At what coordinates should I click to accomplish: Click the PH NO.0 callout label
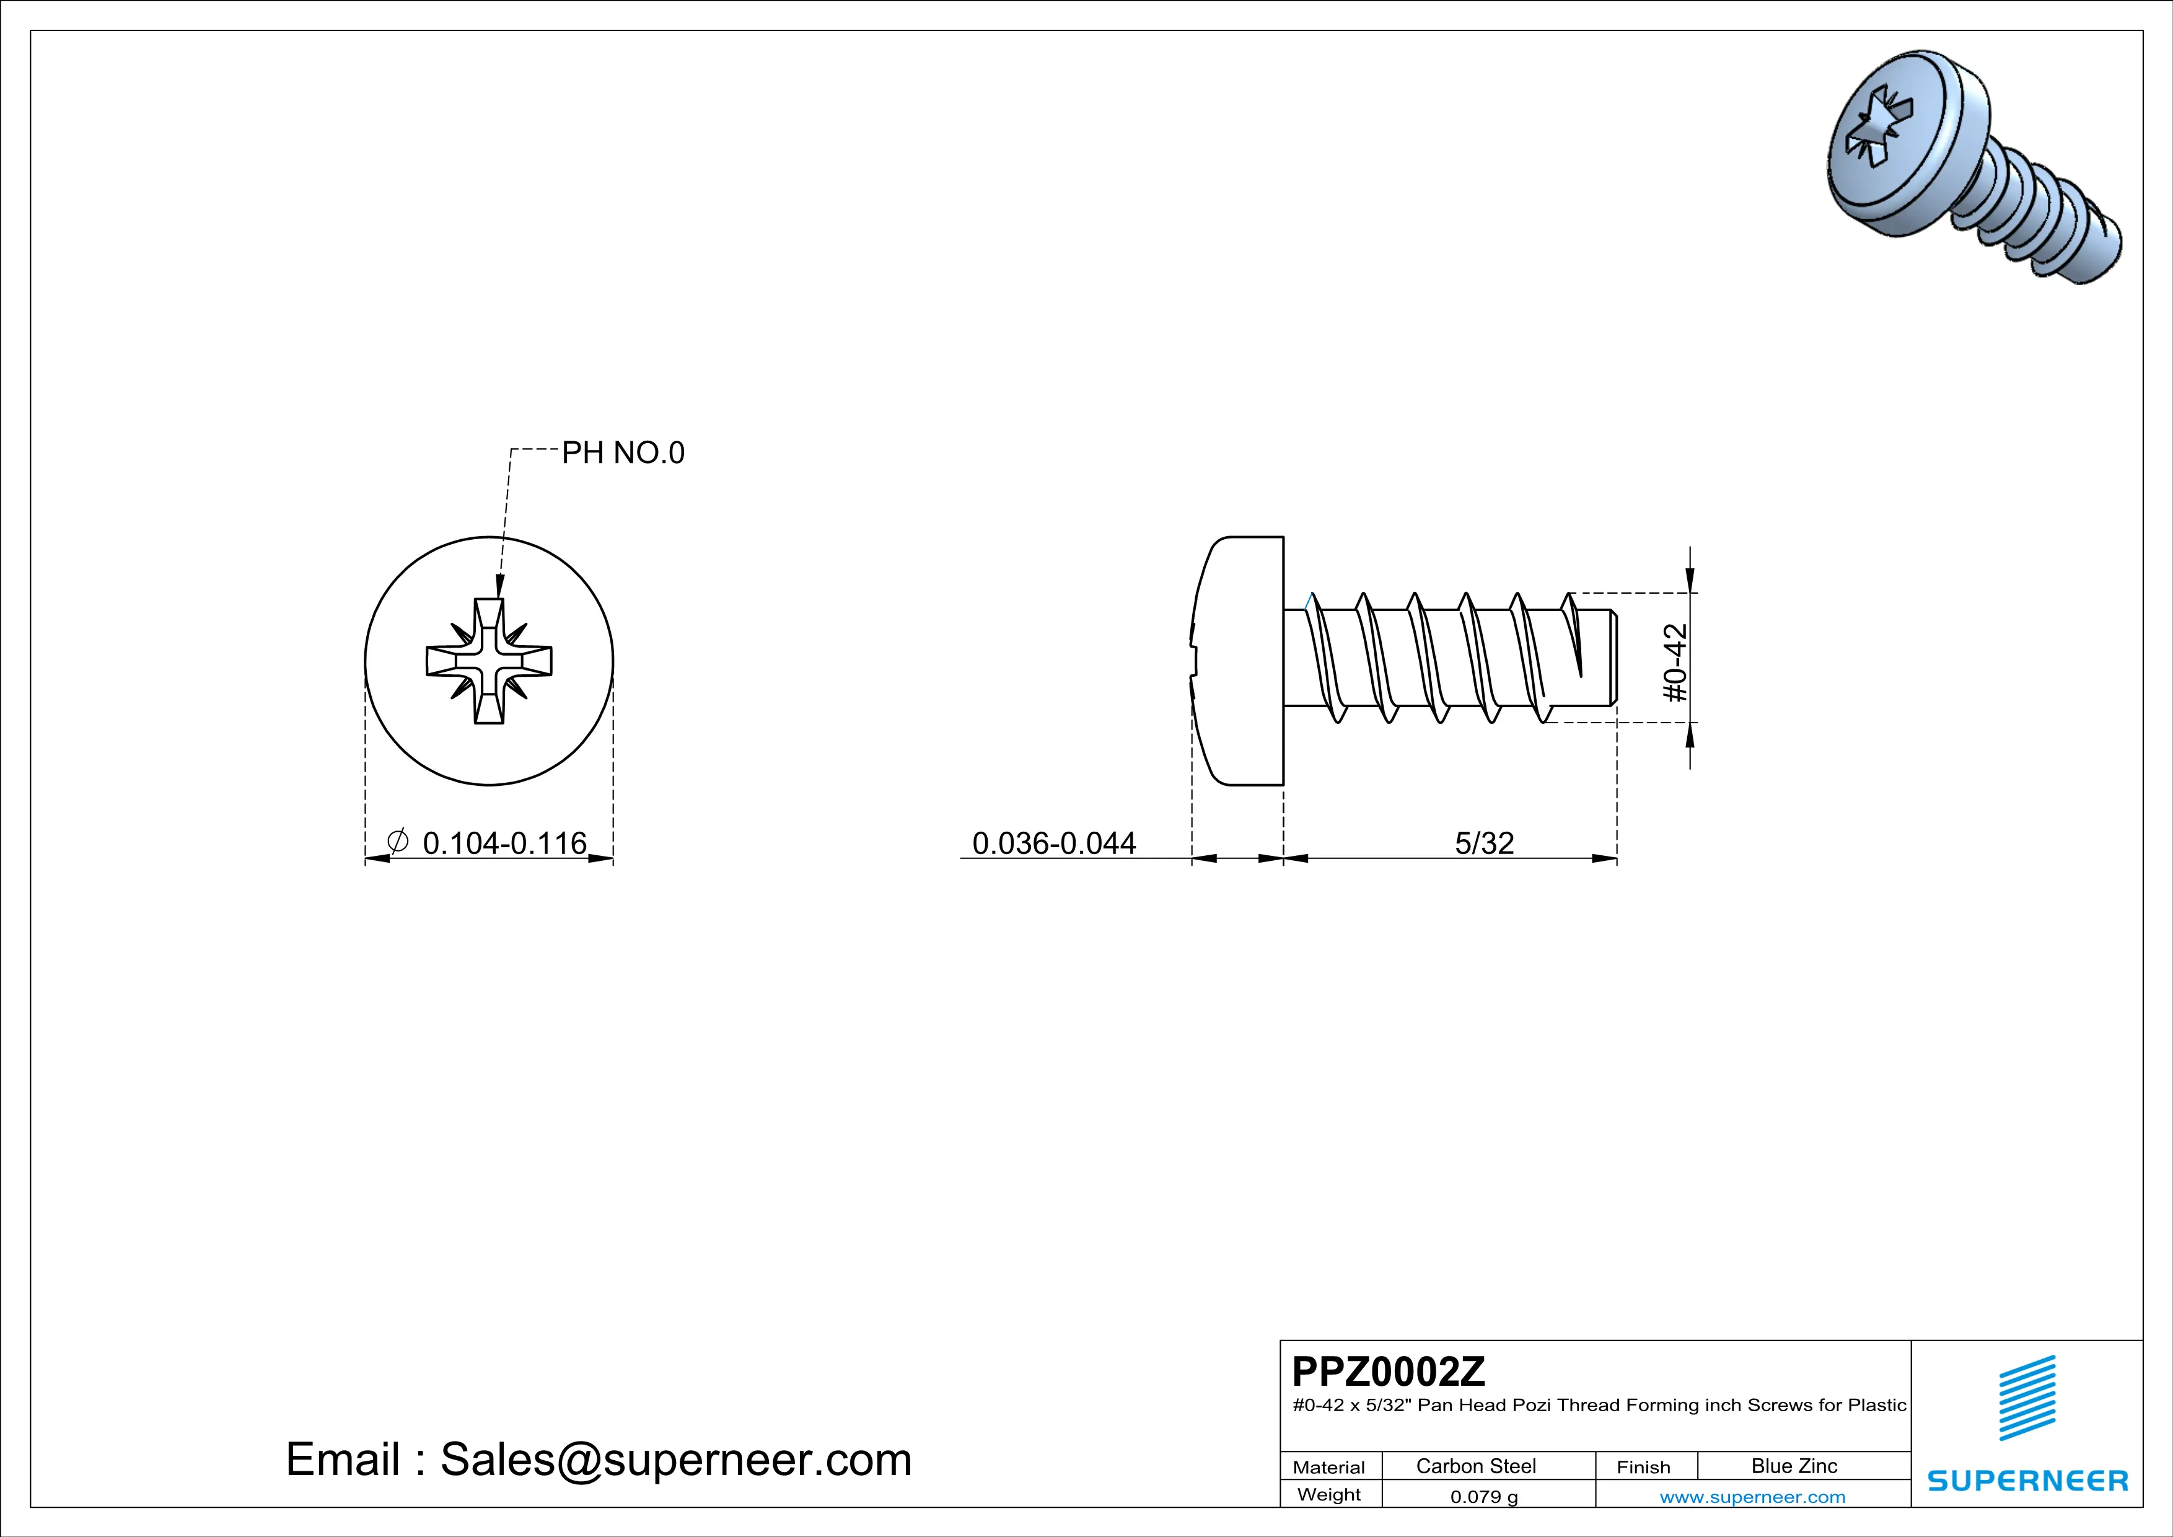[622, 453]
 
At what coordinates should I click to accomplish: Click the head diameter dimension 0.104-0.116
[504, 842]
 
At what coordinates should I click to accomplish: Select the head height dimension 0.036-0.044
[1053, 842]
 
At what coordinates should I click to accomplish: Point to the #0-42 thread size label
[1675, 663]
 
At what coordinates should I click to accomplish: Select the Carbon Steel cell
[1475, 1466]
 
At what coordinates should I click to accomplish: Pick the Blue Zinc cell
[1793, 1466]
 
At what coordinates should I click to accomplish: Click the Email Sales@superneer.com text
[598, 1460]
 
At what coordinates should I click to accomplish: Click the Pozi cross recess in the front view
[488, 661]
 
